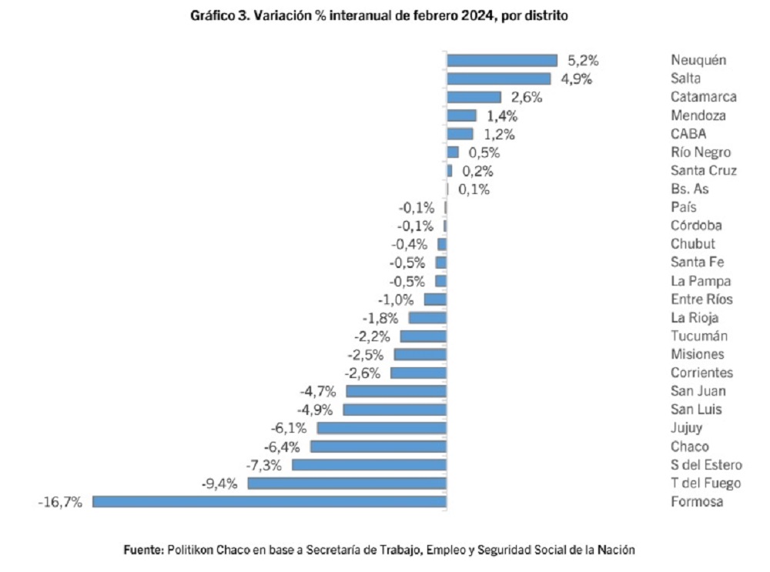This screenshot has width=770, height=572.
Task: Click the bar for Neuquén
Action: pos(502,60)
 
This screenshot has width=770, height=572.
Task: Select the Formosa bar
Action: pos(269,501)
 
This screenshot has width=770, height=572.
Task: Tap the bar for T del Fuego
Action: pos(346,483)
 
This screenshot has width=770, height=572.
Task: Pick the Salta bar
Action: pos(499,79)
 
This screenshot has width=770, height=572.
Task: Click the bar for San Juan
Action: pos(396,391)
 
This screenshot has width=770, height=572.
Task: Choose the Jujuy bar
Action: pos(381,428)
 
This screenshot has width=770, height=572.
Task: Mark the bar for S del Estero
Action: pos(369,464)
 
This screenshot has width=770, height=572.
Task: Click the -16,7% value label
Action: pos(59,502)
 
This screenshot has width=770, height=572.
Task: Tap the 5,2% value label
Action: pos(583,60)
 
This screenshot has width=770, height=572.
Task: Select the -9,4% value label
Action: pos(219,483)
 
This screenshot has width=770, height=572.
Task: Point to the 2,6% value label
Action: pos(527,97)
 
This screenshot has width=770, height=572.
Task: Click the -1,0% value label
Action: pos(396,299)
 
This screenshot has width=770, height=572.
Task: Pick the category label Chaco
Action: pos(689,447)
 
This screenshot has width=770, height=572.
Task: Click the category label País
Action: pos(683,207)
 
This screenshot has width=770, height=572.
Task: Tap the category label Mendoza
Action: pos(698,115)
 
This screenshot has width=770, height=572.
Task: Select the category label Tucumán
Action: pos(698,336)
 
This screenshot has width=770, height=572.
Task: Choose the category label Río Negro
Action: pos(700,152)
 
